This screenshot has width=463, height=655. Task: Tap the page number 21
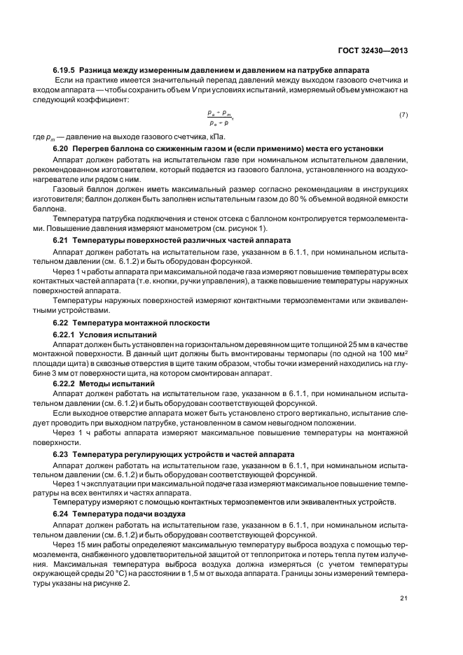pyautogui.click(x=403, y=597)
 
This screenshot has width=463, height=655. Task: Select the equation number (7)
pyautogui.click(x=403, y=115)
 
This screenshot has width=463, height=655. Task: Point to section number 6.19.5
pyautogui.click(x=64, y=71)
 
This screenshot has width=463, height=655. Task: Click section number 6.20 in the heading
pyautogui.click(x=61, y=148)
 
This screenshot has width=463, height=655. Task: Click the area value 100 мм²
pyautogui.click(x=393, y=355)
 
